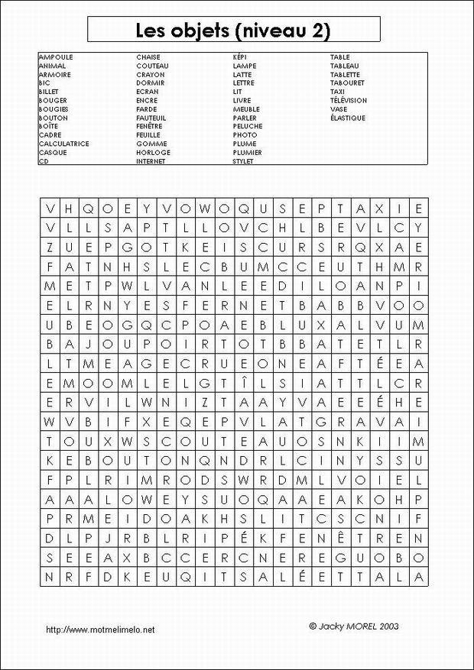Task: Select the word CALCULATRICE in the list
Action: [64, 144]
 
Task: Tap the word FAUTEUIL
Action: [151, 118]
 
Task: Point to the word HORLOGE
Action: [153, 152]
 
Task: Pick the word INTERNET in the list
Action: [151, 161]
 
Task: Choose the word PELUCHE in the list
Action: [248, 126]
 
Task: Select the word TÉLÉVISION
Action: [348, 100]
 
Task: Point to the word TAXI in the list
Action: [337, 92]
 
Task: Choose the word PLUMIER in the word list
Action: [247, 152]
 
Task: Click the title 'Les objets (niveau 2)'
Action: [233, 31]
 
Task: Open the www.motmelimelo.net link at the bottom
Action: [100, 630]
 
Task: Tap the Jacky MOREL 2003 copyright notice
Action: [353, 625]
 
